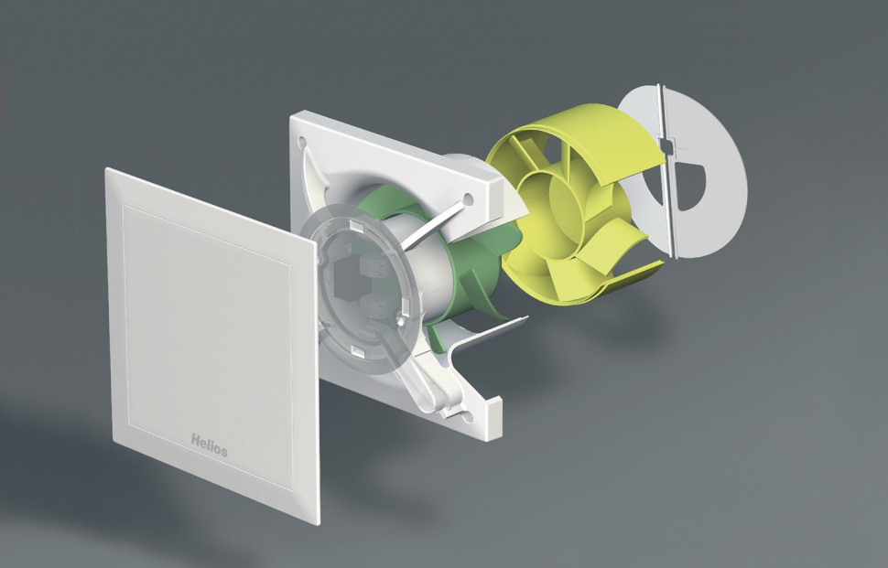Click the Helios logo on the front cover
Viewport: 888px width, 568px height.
click(x=209, y=445)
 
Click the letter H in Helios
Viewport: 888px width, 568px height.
click(x=195, y=440)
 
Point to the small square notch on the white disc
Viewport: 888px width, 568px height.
click(x=669, y=146)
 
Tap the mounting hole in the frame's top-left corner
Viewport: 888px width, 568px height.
click(x=302, y=141)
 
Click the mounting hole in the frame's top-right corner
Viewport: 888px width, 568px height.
click(x=469, y=199)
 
